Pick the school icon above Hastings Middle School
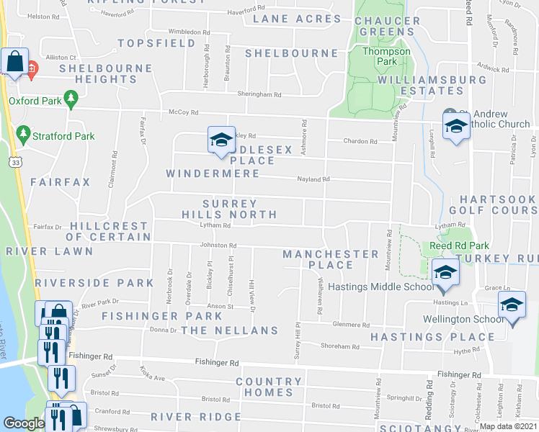click(445, 272)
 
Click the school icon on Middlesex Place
click(221, 139)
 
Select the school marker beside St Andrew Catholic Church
click(455, 127)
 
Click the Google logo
click(24, 424)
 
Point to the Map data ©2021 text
click(508, 426)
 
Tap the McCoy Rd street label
click(183, 112)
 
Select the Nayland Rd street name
click(314, 179)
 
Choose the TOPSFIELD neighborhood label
click(157, 43)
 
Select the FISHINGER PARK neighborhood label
click(152, 316)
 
